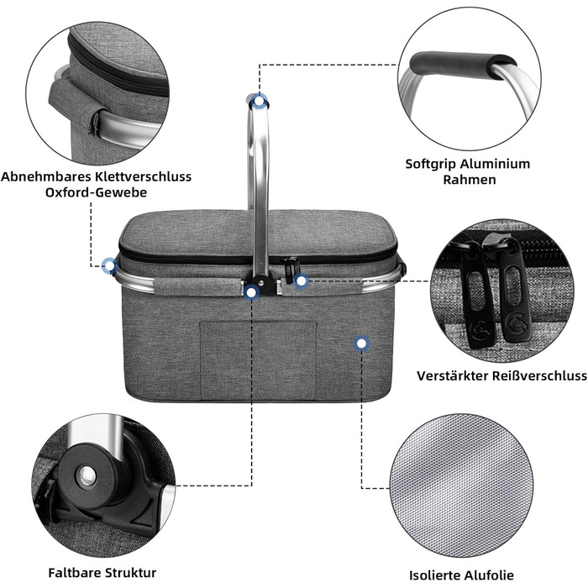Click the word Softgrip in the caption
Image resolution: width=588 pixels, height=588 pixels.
click(x=430, y=164)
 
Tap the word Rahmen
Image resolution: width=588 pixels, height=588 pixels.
click(x=469, y=180)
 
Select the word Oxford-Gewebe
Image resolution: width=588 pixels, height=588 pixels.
click(x=96, y=192)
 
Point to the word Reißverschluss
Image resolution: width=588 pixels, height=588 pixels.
click(x=539, y=375)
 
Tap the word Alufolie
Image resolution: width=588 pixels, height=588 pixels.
click(x=486, y=575)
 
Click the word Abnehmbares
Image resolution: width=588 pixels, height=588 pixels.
click(x=46, y=176)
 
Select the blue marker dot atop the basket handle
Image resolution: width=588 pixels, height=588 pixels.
click(x=259, y=101)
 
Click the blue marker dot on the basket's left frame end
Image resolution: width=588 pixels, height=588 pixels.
click(x=109, y=266)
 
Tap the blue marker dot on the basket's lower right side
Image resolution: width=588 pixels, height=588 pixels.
click(x=361, y=344)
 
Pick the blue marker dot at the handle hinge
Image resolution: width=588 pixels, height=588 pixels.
click(x=251, y=291)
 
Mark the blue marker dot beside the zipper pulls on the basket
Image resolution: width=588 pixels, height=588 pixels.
click(x=301, y=281)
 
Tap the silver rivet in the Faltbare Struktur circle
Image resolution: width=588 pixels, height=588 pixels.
click(x=87, y=476)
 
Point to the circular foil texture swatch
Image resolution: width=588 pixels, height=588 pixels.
click(x=462, y=486)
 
